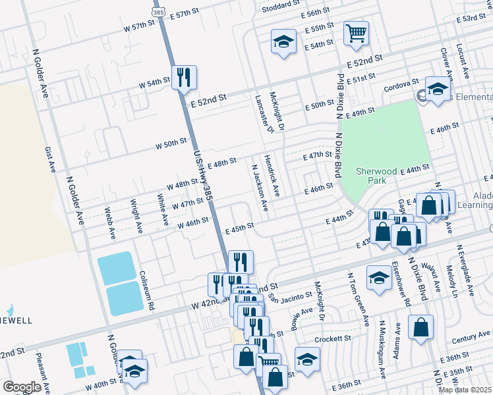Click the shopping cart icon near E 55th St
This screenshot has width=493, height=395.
pyautogui.click(x=356, y=33)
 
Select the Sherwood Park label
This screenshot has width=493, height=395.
pyautogui.click(x=376, y=175)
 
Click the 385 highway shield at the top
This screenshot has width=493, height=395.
pyautogui.click(x=158, y=13)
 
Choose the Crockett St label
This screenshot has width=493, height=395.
pyautogui.click(x=333, y=338)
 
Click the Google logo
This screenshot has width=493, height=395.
pyautogui.click(x=22, y=387)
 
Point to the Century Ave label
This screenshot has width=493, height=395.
pyautogui.click(x=471, y=338)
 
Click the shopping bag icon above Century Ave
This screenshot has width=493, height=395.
pyautogui.click(x=420, y=328)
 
